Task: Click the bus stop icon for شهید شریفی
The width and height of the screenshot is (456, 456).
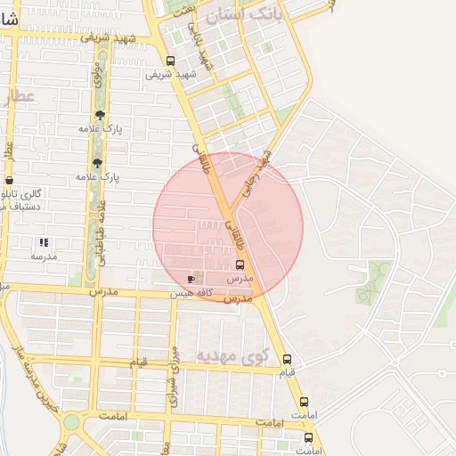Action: tap(170, 61)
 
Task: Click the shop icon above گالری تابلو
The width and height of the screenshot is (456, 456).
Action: tap(9, 181)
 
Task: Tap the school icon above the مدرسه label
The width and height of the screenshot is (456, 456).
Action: tap(43, 242)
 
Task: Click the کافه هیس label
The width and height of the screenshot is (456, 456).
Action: tap(195, 292)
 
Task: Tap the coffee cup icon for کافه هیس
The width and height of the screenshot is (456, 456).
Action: tap(191, 279)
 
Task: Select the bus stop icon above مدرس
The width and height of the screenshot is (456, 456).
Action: tap(240, 265)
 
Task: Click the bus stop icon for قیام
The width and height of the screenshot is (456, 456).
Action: tap(286, 361)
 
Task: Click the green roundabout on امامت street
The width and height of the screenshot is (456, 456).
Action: tap(71, 421)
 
